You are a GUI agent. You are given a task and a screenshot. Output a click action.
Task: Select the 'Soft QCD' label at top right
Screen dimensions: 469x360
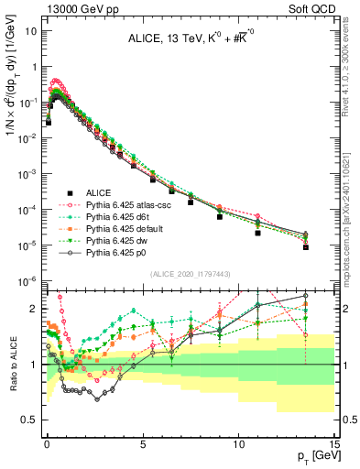[x=317, y=7]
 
